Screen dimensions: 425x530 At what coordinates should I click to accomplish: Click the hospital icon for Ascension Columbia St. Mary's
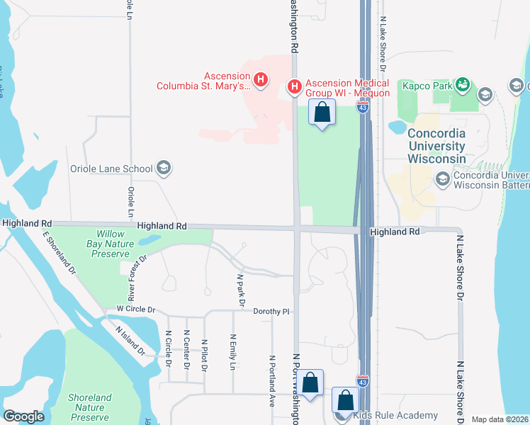coord(261,79)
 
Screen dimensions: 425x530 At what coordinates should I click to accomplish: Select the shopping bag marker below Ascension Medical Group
coord(322,113)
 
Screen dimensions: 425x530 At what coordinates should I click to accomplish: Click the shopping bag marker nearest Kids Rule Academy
coord(345,400)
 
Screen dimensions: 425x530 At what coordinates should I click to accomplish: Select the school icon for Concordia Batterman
coord(444,178)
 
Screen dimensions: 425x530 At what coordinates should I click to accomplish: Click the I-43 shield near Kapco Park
coord(363,108)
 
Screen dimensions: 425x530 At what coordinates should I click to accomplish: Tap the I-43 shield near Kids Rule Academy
coord(363,382)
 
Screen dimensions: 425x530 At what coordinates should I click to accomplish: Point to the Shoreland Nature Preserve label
coord(89,407)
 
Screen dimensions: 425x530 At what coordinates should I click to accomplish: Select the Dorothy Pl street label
coord(274,311)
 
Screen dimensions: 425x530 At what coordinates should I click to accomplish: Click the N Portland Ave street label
coord(271,380)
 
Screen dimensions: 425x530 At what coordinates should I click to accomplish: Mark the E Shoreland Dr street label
coord(59,254)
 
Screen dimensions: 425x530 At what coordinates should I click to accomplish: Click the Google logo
coord(23,416)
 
